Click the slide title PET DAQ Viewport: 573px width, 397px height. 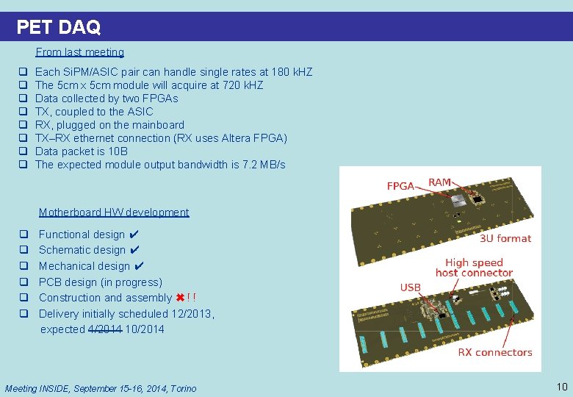(x=58, y=27)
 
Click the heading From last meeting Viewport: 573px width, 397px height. (x=79, y=52)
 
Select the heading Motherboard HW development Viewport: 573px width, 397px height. (x=114, y=212)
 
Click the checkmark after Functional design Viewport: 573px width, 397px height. (x=134, y=235)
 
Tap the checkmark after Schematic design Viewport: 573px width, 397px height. (x=135, y=250)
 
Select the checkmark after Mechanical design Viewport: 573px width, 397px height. (x=140, y=266)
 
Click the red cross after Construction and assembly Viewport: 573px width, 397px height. (x=180, y=298)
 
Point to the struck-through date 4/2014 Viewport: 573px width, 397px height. (x=105, y=329)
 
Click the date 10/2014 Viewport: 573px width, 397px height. (x=145, y=329)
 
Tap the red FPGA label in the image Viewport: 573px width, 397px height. (x=400, y=186)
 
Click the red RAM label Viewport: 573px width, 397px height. (x=440, y=182)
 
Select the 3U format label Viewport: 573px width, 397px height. (x=505, y=238)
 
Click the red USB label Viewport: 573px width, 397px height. (x=410, y=287)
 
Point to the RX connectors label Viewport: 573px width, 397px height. (x=494, y=352)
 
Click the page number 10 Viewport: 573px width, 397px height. (x=562, y=387)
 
